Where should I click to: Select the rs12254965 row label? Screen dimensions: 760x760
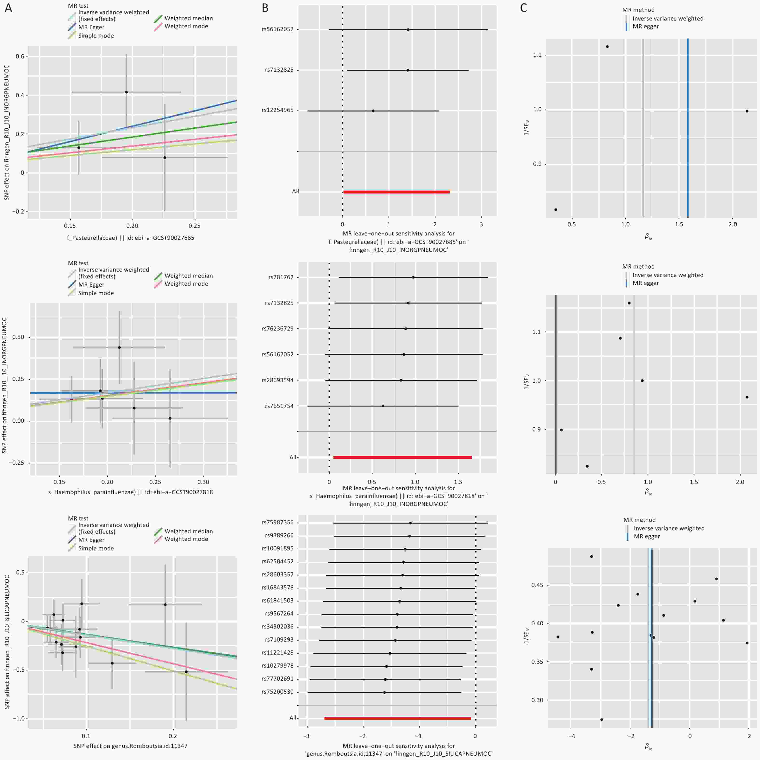(277, 110)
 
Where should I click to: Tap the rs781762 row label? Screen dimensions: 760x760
(281, 277)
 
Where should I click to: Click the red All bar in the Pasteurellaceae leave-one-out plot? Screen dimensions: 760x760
(396, 192)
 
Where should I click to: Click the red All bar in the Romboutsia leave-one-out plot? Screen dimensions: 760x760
(397, 718)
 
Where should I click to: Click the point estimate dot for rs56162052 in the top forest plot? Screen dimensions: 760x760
(408, 29)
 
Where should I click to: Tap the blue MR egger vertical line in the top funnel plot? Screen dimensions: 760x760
(688, 130)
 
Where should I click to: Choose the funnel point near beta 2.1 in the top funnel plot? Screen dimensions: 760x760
(747, 111)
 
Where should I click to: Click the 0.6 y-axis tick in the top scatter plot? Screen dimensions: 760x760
(20, 56)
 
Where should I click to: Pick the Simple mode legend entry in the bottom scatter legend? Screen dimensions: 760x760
(96, 548)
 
